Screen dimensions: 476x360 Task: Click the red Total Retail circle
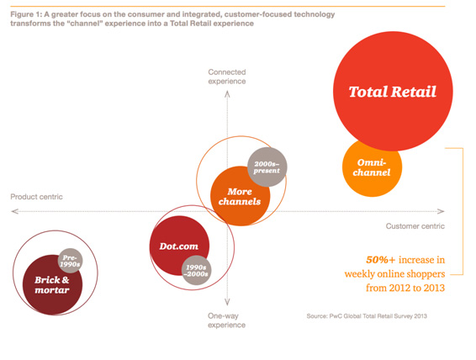(393, 91)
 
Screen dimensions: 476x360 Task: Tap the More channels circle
(240, 196)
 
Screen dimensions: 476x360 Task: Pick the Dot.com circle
(179, 246)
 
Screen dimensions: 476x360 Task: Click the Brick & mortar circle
(52, 285)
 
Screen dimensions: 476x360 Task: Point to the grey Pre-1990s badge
(70, 261)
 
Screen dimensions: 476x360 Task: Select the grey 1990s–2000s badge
(197, 270)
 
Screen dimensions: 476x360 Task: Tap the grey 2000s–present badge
(267, 167)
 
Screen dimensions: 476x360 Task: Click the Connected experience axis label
(227, 77)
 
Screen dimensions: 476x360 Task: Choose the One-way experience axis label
(226, 320)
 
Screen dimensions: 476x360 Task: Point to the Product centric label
(36, 197)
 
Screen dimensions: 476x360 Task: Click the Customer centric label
(415, 226)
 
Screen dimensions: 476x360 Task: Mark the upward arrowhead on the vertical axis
(227, 94)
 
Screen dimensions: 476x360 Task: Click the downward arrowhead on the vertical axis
(227, 302)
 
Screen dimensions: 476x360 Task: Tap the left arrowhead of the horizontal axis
(14, 211)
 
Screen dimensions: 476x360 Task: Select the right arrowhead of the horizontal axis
(441, 211)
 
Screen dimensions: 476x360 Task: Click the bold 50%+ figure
(381, 260)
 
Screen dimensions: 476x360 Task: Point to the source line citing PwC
(367, 316)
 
